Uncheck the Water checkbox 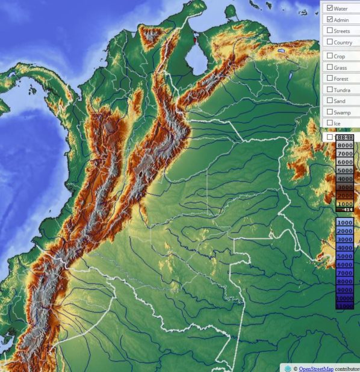[329, 8]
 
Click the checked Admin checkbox [329, 20]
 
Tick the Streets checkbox [329, 31]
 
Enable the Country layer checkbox [329, 42]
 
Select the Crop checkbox [329, 56]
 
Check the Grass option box [329, 67]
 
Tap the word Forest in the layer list [341, 78]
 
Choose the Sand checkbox [329, 101]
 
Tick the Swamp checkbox [329, 112]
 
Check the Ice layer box [329, 123]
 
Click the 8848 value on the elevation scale [346, 138]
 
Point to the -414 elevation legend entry [346, 209]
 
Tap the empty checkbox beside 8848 [329, 137]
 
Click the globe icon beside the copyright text [288, 368]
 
